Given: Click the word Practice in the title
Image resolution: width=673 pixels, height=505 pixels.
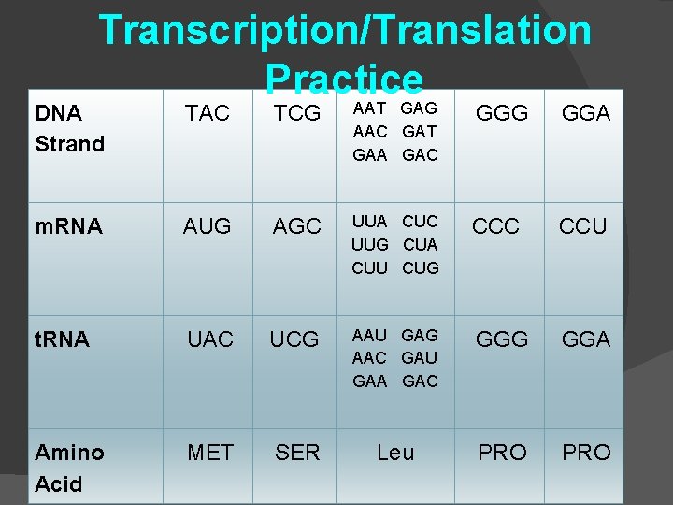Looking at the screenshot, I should (x=344, y=79).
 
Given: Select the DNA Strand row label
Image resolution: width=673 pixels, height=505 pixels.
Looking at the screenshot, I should (x=69, y=128).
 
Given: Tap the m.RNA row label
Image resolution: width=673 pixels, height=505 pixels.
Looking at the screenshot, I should (x=68, y=226).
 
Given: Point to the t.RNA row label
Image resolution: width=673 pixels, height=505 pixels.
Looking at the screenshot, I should (x=62, y=339).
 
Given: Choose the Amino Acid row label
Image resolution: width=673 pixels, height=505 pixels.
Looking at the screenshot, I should (x=70, y=468).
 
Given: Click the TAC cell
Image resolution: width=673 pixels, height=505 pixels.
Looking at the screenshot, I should (x=207, y=113).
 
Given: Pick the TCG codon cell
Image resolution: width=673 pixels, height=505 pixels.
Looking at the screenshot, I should (x=296, y=113).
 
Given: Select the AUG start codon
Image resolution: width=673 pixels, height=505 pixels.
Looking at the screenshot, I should (x=207, y=226).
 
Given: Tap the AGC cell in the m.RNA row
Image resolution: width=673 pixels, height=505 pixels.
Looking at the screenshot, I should (x=296, y=226).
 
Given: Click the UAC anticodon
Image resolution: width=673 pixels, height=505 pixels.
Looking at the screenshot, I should (x=210, y=339).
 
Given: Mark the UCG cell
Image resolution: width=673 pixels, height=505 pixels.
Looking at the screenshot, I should (x=294, y=339).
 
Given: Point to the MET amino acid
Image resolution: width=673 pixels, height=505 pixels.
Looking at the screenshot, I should (x=210, y=453).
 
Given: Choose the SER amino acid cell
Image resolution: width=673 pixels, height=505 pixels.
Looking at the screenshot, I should (x=297, y=453).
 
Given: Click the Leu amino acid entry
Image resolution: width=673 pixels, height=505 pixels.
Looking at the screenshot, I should (x=395, y=453).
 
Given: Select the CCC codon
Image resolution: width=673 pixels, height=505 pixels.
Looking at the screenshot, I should (x=496, y=226).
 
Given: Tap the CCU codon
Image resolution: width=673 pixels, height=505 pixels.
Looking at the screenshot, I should (x=582, y=226).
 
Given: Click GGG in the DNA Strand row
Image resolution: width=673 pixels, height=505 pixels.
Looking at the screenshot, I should (x=502, y=113).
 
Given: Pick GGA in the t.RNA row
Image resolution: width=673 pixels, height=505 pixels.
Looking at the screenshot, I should (x=586, y=339).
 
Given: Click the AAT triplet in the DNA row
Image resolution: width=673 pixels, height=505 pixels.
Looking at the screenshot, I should (x=370, y=110).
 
